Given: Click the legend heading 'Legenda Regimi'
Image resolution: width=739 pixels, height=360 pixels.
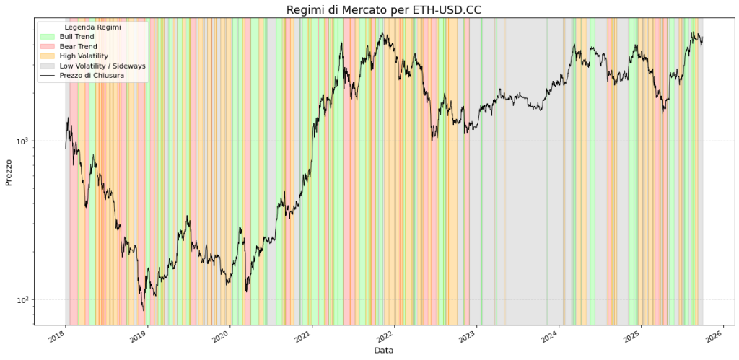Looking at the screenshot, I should click(92, 27).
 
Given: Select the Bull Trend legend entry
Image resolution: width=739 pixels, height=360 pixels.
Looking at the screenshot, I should click(76, 36).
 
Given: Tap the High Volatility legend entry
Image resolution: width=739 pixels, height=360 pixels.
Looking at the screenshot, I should click(84, 56).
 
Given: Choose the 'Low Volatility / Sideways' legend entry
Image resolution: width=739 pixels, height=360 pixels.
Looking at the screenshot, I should click(102, 66).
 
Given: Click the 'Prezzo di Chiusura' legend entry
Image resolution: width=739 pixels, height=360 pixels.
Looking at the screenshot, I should click(92, 75).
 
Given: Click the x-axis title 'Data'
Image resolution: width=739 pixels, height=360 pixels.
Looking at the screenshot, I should click(384, 350).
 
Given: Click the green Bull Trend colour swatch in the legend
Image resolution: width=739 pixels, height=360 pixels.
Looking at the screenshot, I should click(48, 36).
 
